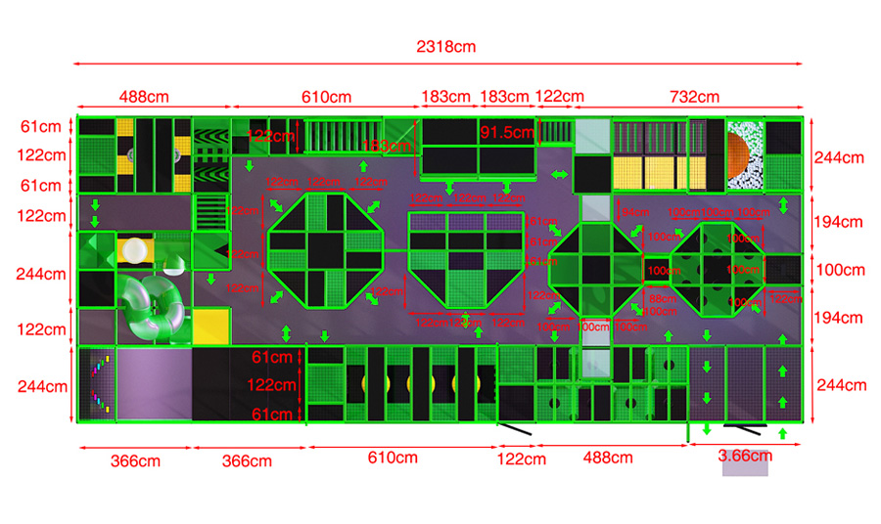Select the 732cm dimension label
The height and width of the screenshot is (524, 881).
tap(693, 97)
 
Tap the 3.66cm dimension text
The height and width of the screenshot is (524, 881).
tap(745, 455)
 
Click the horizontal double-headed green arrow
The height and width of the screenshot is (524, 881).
tap(559, 174)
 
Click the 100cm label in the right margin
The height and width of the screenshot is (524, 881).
tap(840, 270)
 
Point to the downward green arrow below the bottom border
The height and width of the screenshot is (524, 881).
tap(707, 430)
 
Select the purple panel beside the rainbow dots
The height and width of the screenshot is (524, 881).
tap(152, 383)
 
